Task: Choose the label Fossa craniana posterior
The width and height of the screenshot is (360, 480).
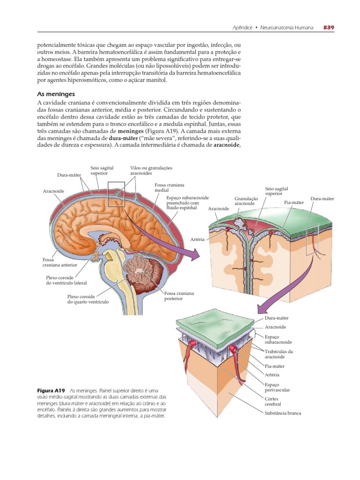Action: [179, 296]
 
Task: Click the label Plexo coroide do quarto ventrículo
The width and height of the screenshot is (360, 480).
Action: [88, 299]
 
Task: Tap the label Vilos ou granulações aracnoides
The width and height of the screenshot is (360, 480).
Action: [151, 170]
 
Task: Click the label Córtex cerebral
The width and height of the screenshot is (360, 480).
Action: [273, 401]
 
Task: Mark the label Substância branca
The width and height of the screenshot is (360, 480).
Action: [283, 413]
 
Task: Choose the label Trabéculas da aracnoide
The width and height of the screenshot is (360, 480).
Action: [278, 354]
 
